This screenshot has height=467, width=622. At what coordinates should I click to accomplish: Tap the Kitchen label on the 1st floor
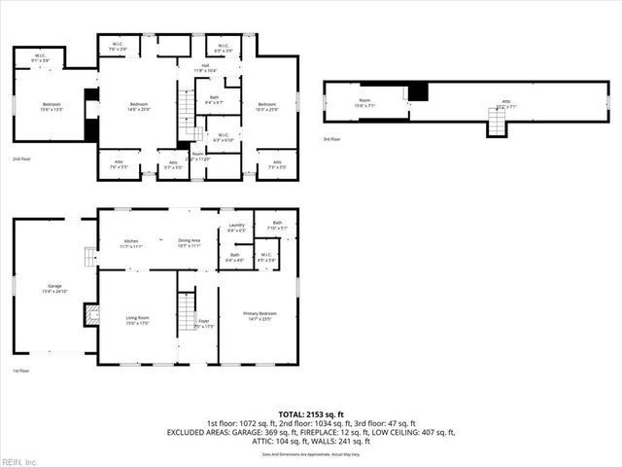tap(130, 243)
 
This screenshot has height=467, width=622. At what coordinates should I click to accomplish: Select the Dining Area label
tap(189, 243)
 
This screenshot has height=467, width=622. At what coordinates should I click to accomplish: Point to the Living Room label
tap(138, 320)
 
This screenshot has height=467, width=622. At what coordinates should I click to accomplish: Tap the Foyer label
tap(203, 323)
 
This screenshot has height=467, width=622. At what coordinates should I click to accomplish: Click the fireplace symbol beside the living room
tap(91, 314)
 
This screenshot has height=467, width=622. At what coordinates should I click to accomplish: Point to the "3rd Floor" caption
tap(331, 139)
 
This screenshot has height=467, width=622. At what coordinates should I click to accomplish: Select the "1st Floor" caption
tap(21, 371)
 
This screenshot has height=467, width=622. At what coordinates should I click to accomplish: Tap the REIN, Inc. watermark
tap(19, 460)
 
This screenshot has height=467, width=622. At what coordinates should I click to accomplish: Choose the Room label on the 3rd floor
tap(365, 101)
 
